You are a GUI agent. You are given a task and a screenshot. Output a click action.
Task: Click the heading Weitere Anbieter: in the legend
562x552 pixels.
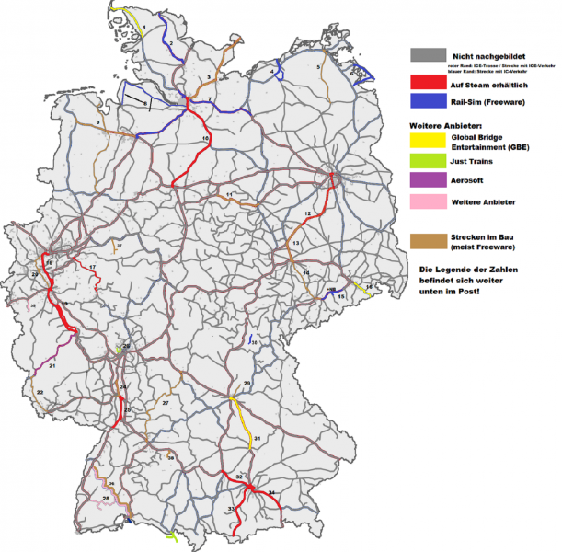click(445, 123)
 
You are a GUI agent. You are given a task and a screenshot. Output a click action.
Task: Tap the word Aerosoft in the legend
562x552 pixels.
click(472, 180)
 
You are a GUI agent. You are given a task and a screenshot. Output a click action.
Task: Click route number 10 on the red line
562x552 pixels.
click(205, 138)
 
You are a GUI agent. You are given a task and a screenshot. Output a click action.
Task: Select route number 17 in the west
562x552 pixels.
click(93, 267)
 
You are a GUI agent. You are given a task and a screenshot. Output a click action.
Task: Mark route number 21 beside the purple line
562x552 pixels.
click(52, 366)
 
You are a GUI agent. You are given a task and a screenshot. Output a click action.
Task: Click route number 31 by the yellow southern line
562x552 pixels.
click(258, 438)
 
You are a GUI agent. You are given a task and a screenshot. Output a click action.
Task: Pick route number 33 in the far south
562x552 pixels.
click(232, 509)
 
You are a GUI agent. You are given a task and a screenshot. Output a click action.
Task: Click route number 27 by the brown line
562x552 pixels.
click(166, 403)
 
